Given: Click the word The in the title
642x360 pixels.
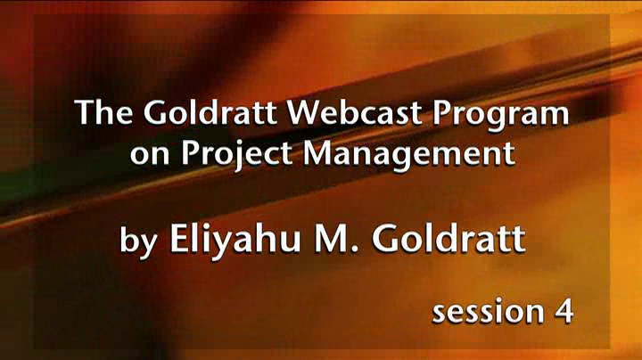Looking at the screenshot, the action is pyautogui.click(x=103, y=111).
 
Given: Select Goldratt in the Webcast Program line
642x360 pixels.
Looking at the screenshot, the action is pyautogui.click(x=210, y=111).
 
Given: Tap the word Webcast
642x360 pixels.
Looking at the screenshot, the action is pyautogui.click(x=354, y=111).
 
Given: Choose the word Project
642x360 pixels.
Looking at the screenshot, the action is pyautogui.click(x=236, y=156).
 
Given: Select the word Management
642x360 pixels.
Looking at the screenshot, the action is pyautogui.click(x=408, y=156).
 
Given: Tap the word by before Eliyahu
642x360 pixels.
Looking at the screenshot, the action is pyautogui.click(x=139, y=241).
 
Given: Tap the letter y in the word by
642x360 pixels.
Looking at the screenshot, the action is pyautogui.click(x=149, y=245).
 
